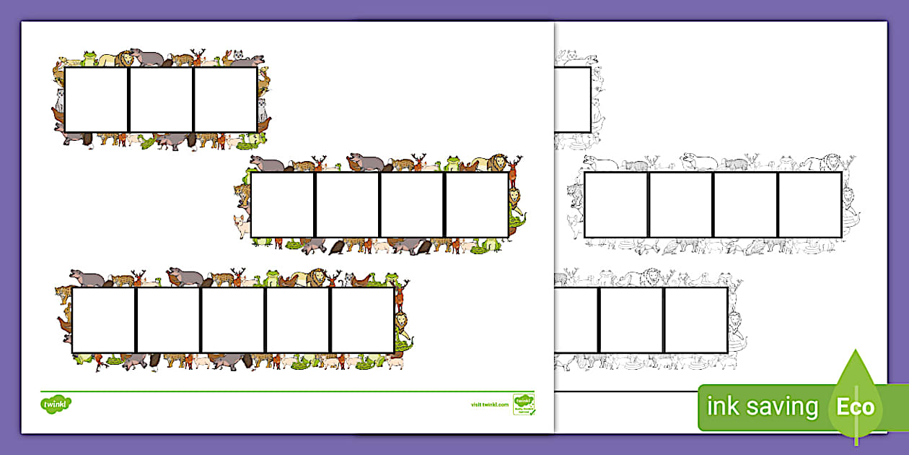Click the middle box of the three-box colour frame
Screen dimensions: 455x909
click(161, 100)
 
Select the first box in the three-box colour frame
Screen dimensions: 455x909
click(96, 100)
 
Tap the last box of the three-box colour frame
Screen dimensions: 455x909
click(225, 100)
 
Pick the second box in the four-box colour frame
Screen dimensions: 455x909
click(347, 205)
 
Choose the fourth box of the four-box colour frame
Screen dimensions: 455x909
click(477, 205)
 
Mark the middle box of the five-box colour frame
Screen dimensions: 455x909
click(233, 320)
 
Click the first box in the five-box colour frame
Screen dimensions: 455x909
click(103, 320)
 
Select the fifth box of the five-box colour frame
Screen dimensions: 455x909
click(362, 320)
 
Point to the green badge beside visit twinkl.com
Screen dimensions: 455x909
click(523, 404)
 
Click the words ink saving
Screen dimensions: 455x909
click(763, 407)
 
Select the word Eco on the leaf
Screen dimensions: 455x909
click(855, 407)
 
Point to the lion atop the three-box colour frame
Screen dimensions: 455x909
click(126, 58)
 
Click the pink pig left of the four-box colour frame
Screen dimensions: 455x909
click(240, 224)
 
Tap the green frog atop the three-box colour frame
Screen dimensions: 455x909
click(89, 57)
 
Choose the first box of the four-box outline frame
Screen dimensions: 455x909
click(616, 205)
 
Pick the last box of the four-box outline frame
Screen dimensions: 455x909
click(810, 205)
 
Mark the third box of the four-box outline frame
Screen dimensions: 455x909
click(745, 205)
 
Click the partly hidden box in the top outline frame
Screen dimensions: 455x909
click(573, 100)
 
